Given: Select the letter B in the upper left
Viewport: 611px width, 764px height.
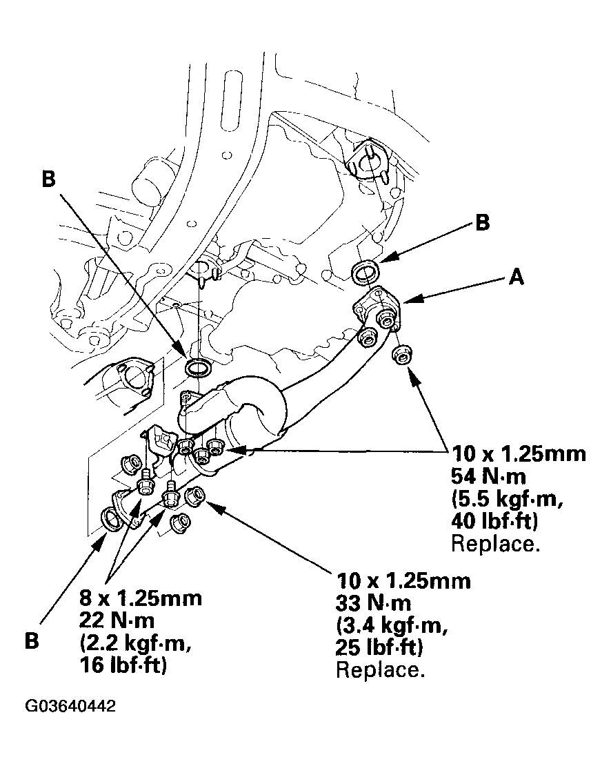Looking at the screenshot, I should point(48,179).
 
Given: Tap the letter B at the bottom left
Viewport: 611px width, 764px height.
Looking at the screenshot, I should point(32,640).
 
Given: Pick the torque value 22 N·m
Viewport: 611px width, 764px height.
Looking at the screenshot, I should point(117,620).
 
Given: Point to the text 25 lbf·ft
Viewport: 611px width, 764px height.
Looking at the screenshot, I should point(381,648).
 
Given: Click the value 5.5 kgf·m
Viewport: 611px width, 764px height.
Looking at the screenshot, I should point(505,499).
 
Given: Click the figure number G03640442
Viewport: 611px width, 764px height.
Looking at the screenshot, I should point(70,707).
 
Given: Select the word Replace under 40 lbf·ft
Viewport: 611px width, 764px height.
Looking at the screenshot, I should point(494,544).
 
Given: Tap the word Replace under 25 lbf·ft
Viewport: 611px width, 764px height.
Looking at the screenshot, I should point(379,670).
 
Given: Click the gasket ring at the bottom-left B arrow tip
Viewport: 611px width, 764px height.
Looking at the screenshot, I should point(112,518).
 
